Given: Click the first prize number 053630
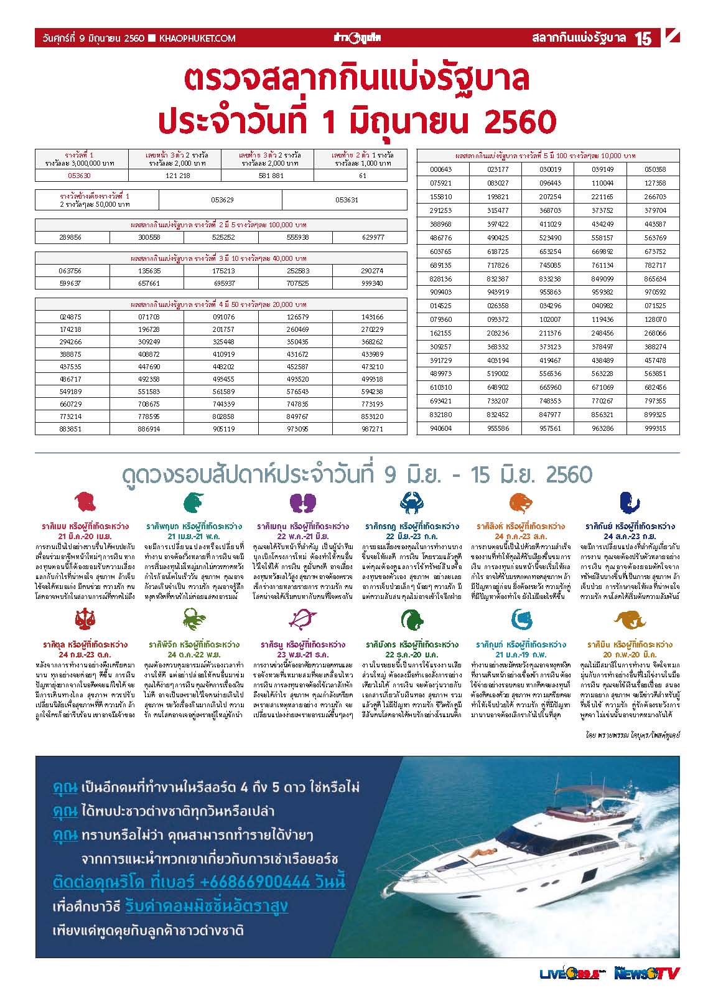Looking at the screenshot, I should point(81,176).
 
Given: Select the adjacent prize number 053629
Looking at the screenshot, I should point(221,200).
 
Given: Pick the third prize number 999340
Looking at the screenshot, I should point(372,283).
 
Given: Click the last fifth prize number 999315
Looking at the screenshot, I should point(655,428).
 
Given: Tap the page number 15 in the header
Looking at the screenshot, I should point(643,39).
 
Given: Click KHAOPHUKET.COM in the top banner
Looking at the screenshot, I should point(197,39).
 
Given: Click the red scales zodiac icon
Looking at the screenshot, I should point(85,619).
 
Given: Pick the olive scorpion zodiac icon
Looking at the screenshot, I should point(194,619).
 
